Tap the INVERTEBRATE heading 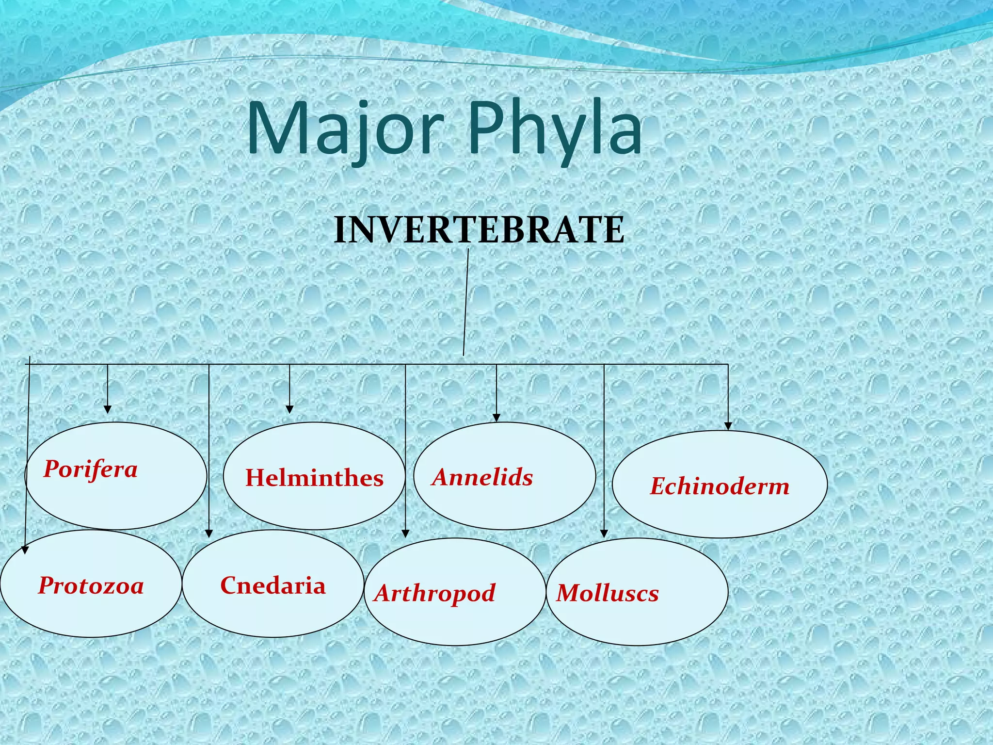tap(479, 230)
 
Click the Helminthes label tap(314, 478)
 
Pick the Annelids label tap(483, 477)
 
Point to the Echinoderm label tap(720, 486)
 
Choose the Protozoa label tap(91, 585)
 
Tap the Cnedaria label tap(273, 585)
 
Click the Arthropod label tap(435, 593)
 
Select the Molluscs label tap(608, 593)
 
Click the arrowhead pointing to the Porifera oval tap(108, 409)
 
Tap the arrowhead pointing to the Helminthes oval tap(289, 409)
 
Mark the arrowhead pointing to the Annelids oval tap(496, 418)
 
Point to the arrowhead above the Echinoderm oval tap(728, 426)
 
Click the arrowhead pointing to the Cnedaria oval tap(209, 534)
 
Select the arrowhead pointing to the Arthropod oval tap(405, 534)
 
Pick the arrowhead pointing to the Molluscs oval tap(604, 534)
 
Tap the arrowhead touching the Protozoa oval tap(26, 550)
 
